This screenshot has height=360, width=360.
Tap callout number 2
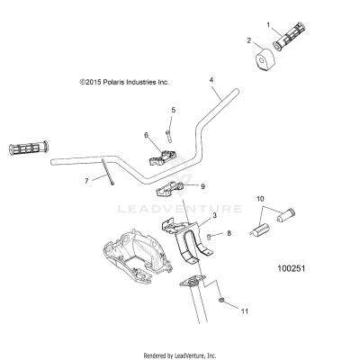point(249,40)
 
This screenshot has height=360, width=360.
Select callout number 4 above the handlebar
point(211,81)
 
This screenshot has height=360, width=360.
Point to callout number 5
point(173,110)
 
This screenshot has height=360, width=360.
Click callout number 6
point(145,135)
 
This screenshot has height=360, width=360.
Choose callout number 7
point(86,181)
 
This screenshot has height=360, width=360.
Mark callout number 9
point(202,186)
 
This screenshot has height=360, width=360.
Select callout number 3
point(189,216)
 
